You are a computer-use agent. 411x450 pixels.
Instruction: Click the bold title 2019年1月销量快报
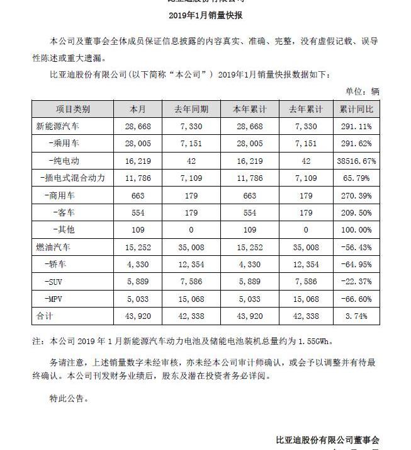pos(205,15)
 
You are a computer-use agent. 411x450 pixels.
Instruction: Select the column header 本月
pos(138,110)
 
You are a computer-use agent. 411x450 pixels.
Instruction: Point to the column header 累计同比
pos(356,110)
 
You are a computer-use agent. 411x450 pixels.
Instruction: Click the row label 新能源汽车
pos(59,127)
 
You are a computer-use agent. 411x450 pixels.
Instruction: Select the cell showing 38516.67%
pos(357,161)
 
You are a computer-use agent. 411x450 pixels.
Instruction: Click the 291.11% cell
pos(356,127)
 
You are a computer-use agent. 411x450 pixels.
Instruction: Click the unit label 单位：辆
pos(363,91)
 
